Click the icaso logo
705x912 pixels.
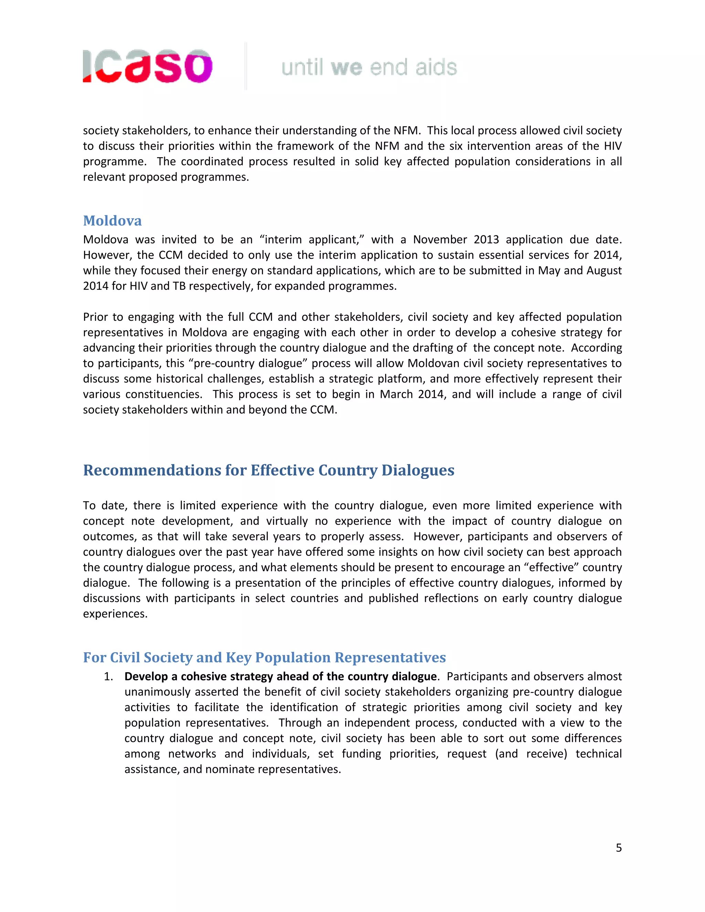click(x=147, y=66)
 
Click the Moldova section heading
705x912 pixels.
click(x=112, y=221)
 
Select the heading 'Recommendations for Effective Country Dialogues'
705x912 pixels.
click(x=269, y=470)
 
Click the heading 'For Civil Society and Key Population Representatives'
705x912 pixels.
click(x=264, y=657)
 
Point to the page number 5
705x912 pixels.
click(x=619, y=848)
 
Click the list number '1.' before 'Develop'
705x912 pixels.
click(x=108, y=677)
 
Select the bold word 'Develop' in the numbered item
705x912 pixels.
click(x=146, y=677)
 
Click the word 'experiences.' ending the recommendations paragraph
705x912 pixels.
click(x=115, y=614)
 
